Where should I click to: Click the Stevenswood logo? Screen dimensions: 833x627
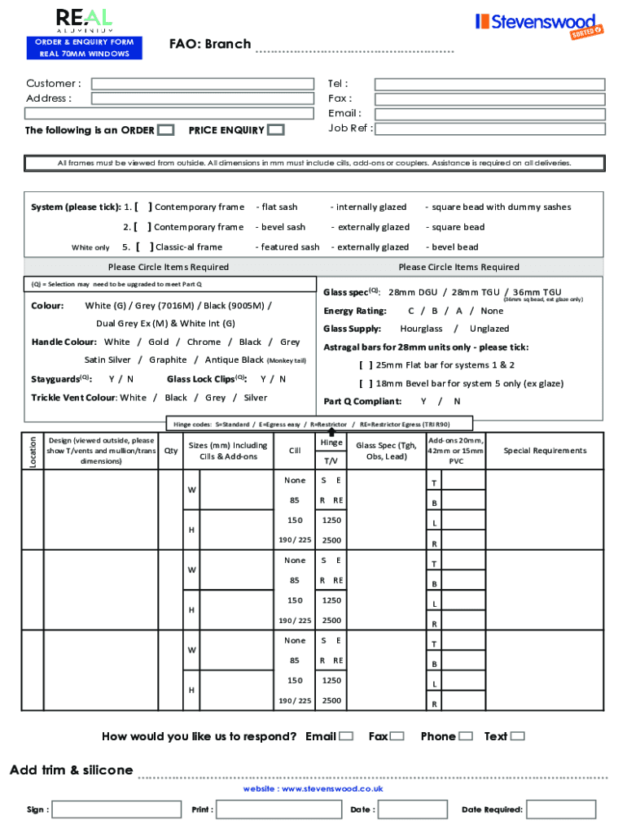point(538,24)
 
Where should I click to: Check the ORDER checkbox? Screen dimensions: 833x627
point(165,130)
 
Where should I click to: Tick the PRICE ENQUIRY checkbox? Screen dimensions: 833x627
point(276,130)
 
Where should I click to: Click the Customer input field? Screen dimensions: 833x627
point(202,84)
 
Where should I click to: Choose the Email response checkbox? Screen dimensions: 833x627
point(346,736)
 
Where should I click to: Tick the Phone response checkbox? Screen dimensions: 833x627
point(465,736)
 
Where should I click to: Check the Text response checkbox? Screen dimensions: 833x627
point(517,736)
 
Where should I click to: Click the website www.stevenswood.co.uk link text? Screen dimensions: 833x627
point(313,789)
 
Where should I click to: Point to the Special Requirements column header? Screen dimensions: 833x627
point(545,451)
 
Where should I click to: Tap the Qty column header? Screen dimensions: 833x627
point(170,451)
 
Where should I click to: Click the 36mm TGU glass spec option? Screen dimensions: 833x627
point(537,292)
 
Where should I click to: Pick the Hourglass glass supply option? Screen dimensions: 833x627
point(421,329)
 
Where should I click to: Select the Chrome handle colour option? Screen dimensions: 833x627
point(204,342)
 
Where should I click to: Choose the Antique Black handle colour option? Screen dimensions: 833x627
point(235,360)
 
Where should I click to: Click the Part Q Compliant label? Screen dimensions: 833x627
point(362,401)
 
